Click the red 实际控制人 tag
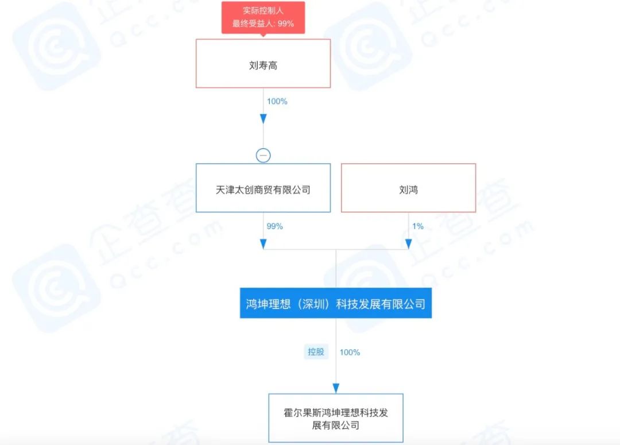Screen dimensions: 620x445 (x=263, y=17)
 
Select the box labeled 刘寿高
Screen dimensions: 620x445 (x=263, y=63)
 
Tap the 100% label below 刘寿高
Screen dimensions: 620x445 (x=277, y=101)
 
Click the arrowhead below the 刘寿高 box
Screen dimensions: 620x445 (x=263, y=119)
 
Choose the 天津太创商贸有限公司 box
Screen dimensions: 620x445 (x=263, y=188)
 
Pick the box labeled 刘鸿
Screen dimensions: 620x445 (x=409, y=188)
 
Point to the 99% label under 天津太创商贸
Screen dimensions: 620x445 (x=274, y=226)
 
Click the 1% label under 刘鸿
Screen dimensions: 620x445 (x=417, y=226)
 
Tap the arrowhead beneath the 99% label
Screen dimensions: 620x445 (x=263, y=243)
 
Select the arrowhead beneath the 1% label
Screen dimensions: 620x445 (x=409, y=243)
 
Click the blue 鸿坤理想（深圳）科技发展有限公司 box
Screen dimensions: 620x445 (x=336, y=303)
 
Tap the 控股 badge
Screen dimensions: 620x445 (x=316, y=351)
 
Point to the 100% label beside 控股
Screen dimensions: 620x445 (x=350, y=352)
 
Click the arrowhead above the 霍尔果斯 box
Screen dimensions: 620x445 (x=336, y=388)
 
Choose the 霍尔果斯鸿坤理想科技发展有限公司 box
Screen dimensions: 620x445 (x=336, y=417)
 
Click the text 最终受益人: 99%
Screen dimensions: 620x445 (x=263, y=24)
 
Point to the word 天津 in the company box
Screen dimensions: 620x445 (x=225, y=190)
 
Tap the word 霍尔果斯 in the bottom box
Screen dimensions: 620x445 (x=303, y=413)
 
